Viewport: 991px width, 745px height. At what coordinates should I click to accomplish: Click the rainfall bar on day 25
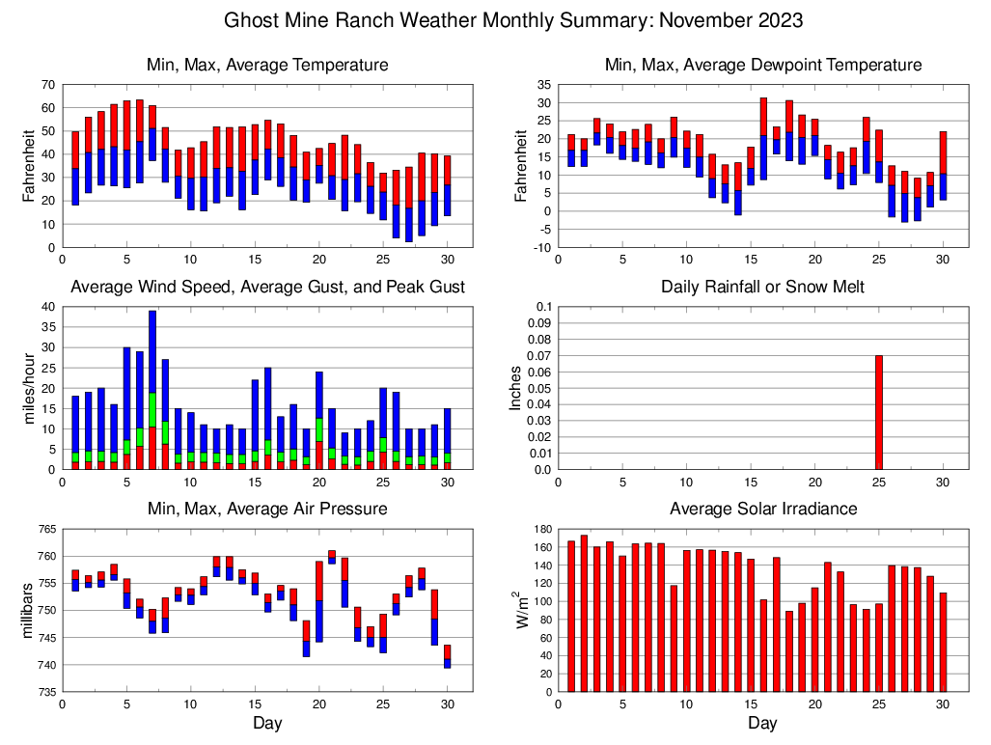(879, 412)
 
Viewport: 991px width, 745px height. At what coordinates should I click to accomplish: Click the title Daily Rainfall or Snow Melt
(762, 287)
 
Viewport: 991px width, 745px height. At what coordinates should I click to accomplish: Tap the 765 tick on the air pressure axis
(44, 529)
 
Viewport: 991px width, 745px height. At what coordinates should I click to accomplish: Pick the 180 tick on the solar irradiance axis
(540, 529)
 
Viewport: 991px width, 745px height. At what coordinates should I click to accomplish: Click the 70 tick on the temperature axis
(46, 85)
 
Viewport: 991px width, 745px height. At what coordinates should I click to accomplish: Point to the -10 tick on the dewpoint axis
(541, 247)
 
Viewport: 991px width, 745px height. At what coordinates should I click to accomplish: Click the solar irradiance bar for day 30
(943, 642)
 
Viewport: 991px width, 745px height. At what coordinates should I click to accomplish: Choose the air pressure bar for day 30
(448, 656)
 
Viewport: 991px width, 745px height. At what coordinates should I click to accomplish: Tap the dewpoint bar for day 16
(763, 138)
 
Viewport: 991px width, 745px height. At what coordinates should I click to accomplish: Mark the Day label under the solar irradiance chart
(762, 723)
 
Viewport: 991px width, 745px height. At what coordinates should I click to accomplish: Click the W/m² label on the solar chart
(522, 610)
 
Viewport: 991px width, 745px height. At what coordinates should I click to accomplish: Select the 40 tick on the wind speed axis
(46, 307)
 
